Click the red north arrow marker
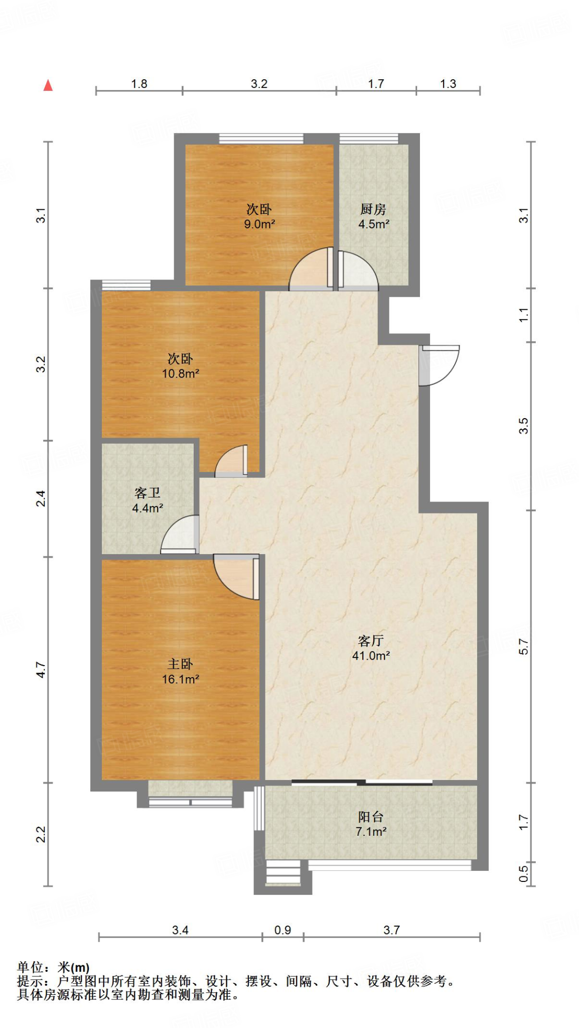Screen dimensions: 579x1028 [48, 85]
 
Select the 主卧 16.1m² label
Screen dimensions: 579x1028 [180, 672]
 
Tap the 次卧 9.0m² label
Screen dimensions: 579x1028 [259, 216]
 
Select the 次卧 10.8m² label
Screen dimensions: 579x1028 [180, 366]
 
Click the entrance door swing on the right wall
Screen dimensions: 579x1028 [440, 365]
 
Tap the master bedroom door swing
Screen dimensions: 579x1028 [236, 577]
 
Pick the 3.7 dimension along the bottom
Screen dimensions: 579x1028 [391, 930]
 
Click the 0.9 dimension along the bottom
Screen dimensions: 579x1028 [282, 930]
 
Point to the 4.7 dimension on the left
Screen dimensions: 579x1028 [41, 670]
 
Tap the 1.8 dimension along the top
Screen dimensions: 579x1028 [139, 84]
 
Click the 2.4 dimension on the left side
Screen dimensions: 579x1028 [41, 498]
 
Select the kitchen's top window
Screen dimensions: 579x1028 [369, 139]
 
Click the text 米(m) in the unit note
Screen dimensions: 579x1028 [74, 967]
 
